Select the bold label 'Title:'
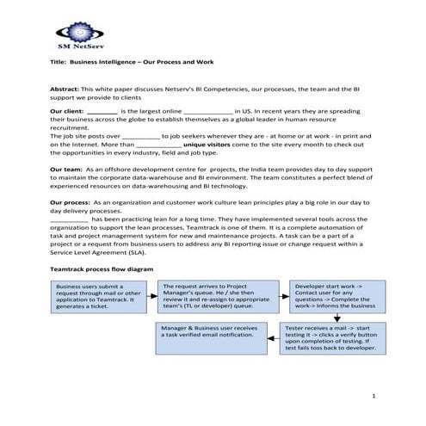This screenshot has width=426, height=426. coord(59,63)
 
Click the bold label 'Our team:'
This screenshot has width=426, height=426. coord(67,170)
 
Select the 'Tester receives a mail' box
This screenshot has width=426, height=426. coord(331,338)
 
